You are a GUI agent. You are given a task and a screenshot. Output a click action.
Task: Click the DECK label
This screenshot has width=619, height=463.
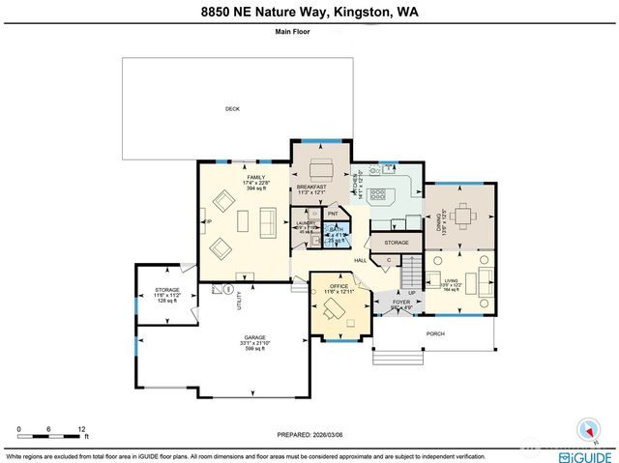(232, 109)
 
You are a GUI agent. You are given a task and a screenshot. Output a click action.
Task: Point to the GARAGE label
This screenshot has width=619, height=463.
(254, 337)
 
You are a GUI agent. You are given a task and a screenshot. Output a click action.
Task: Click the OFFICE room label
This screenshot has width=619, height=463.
(338, 286)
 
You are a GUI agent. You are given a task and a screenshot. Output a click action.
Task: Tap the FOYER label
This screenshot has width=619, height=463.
(400, 303)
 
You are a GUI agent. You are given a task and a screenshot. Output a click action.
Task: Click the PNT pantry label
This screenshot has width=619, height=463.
(333, 214)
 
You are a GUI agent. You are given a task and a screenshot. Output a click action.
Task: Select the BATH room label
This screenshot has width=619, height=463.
(336, 230)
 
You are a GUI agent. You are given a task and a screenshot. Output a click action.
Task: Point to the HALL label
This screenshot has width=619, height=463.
(360, 260)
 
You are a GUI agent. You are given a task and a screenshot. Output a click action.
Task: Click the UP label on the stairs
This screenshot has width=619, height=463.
(412, 292)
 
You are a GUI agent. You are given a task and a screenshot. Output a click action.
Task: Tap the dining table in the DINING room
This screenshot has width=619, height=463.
(462, 214)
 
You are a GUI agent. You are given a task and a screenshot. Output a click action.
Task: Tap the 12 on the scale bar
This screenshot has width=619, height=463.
(83, 428)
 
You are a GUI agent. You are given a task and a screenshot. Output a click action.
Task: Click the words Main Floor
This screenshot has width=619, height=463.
(309, 32)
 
